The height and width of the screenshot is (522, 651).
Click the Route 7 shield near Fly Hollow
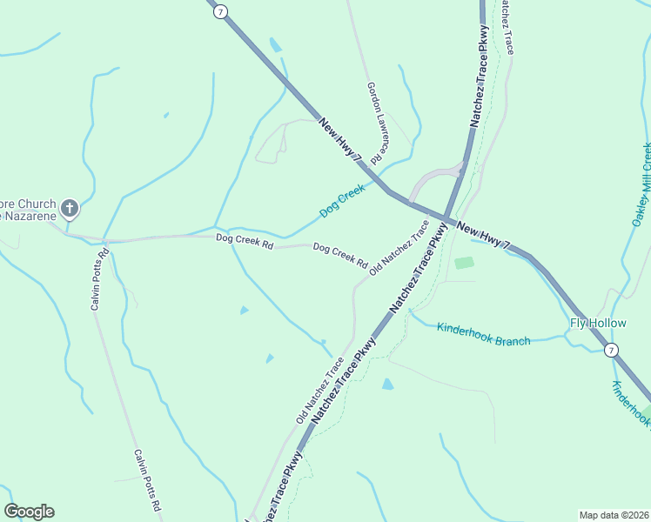pyautogui.click(x=612, y=350)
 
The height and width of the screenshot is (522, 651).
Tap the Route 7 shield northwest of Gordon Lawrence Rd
pyautogui.click(x=222, y=11)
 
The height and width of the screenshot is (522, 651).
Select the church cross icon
pyautogui.click(x=70, y=209)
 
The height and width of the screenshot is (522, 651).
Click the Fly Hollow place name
pyautogui.click(x=598, y=324)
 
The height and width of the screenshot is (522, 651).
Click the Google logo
pyautogui.click(x=29, y=512)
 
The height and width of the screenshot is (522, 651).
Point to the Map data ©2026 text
pyautogui.click(x=614, y=514)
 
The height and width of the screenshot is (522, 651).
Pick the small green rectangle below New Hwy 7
pyautogui.click(x=465, y=263)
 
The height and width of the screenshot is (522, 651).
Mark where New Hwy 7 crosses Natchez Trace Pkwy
pyautogui.click(x=446, y=218)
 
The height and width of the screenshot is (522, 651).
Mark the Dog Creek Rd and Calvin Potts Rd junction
pyautogui.click(x=104, y=240)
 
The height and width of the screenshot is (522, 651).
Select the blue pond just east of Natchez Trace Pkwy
pyautogui.click(x=387, y=384)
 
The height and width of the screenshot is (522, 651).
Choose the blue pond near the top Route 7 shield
pyautogui.click(x=276, y=45)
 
